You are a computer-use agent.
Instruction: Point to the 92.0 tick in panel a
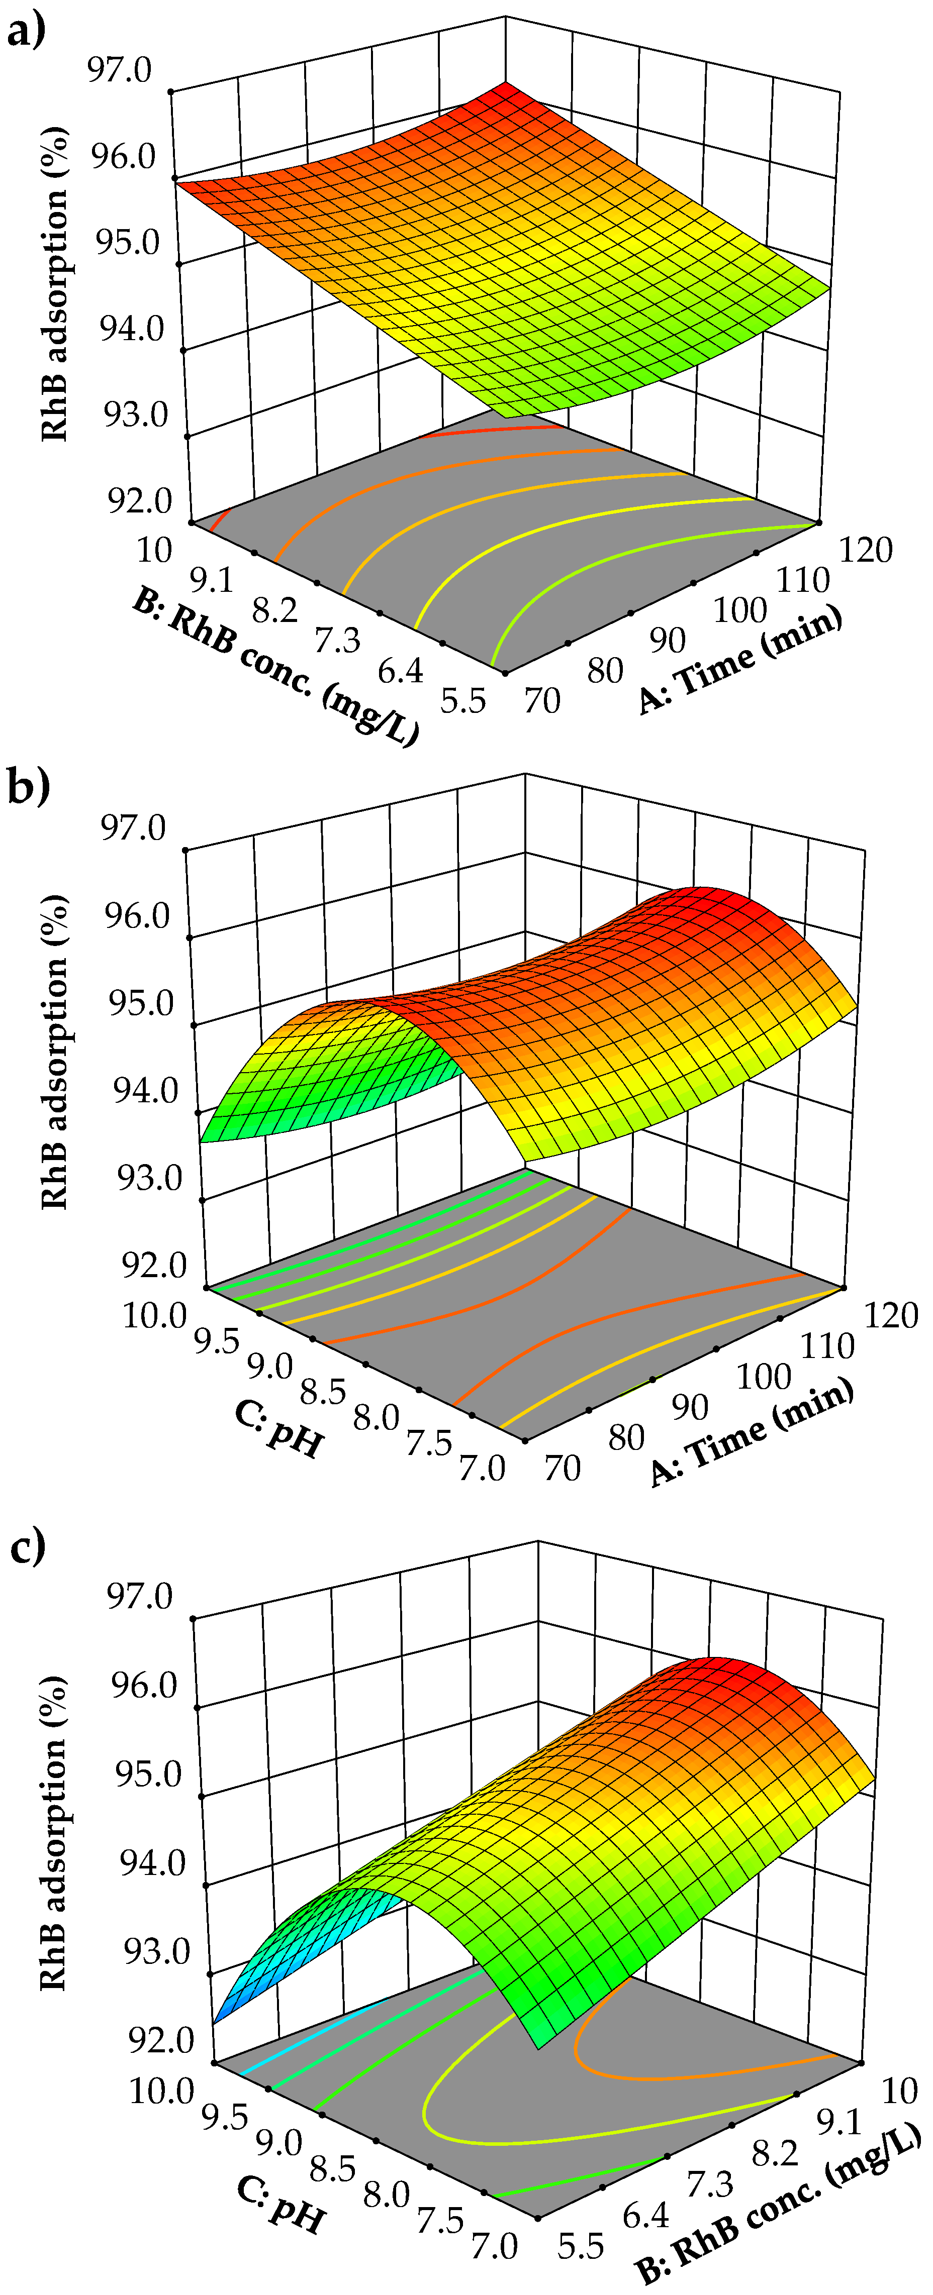point(140,501)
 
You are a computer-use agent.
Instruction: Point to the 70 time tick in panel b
point(563,1468)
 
